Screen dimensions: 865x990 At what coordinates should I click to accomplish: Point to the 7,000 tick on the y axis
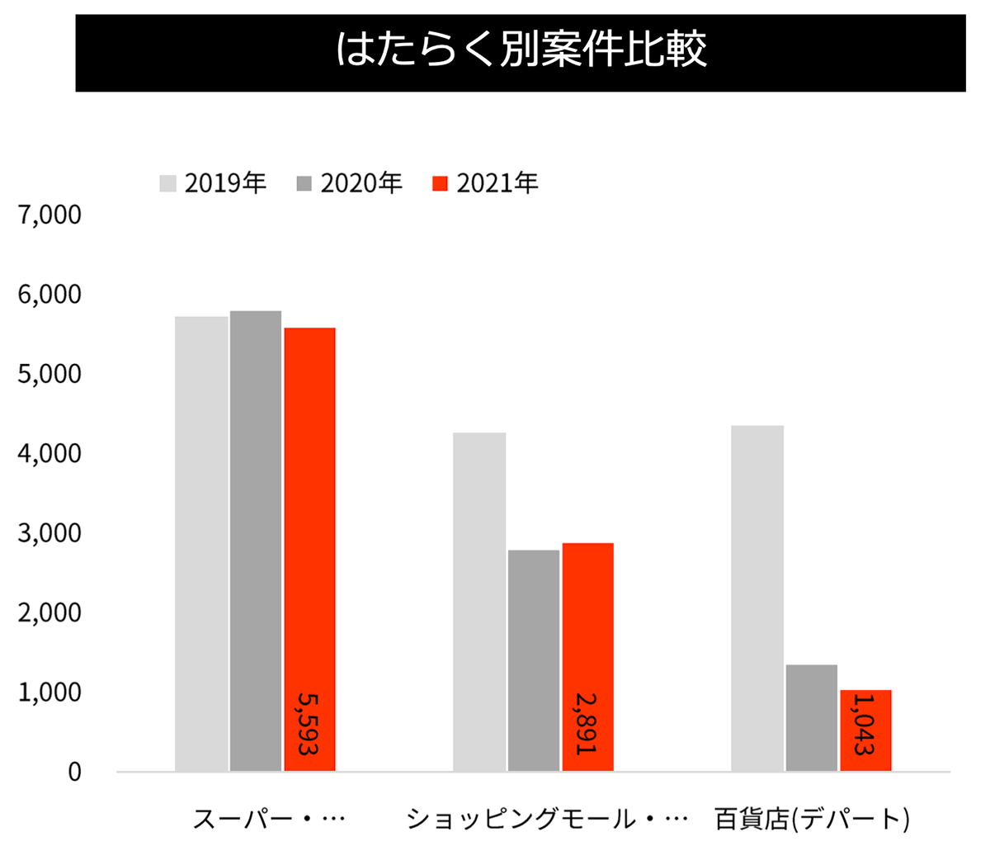[50, 215]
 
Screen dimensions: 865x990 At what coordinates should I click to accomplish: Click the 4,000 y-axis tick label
[50, 453]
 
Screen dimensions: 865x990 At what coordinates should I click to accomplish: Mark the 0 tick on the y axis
[74, 772]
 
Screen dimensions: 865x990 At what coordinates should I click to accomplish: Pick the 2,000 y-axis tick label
[50, 612]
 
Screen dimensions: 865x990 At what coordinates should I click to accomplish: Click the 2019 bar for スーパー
[201, 545]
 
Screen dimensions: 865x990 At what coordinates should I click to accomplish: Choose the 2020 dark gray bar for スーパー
[256, 541]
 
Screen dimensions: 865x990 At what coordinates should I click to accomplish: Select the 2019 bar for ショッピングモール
[479, 603]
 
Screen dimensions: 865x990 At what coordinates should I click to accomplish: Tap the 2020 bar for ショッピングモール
[534, 660]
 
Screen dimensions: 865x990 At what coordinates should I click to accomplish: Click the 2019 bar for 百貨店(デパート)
[757, 598]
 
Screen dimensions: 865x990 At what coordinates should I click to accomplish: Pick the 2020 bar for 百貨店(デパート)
[812, 718]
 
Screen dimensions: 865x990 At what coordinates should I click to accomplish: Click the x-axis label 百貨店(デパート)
[812, 820]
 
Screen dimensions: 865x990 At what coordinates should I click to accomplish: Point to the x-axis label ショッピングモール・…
[547, 820]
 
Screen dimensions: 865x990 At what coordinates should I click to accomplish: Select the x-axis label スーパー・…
[268, 820]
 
